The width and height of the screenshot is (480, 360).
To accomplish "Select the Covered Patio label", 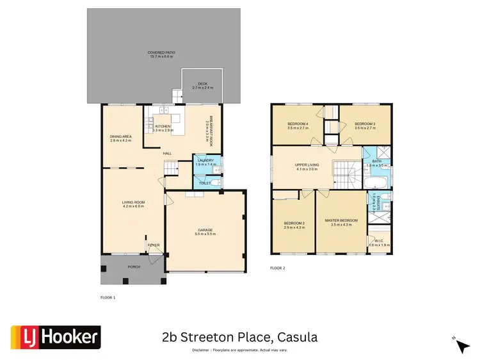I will point(161,54).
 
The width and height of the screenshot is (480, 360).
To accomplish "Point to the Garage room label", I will point(204,231).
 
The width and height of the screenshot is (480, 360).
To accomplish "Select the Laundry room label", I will point(205,162).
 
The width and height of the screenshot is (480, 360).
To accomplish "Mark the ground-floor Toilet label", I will point(205,183).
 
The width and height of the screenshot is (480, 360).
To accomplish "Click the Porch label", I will point(134,266).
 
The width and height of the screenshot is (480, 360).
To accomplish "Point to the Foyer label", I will point(154,245).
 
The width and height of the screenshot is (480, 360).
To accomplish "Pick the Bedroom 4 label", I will point(298,124).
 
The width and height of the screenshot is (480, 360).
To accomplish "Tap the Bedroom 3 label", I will point(365,124).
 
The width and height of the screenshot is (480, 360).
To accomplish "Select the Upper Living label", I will point(307,167).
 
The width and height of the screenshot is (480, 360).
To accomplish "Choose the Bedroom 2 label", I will point(294,225).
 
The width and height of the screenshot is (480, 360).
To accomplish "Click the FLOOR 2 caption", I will point(278,267).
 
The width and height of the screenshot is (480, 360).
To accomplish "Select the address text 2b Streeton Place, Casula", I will point(239,337).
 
